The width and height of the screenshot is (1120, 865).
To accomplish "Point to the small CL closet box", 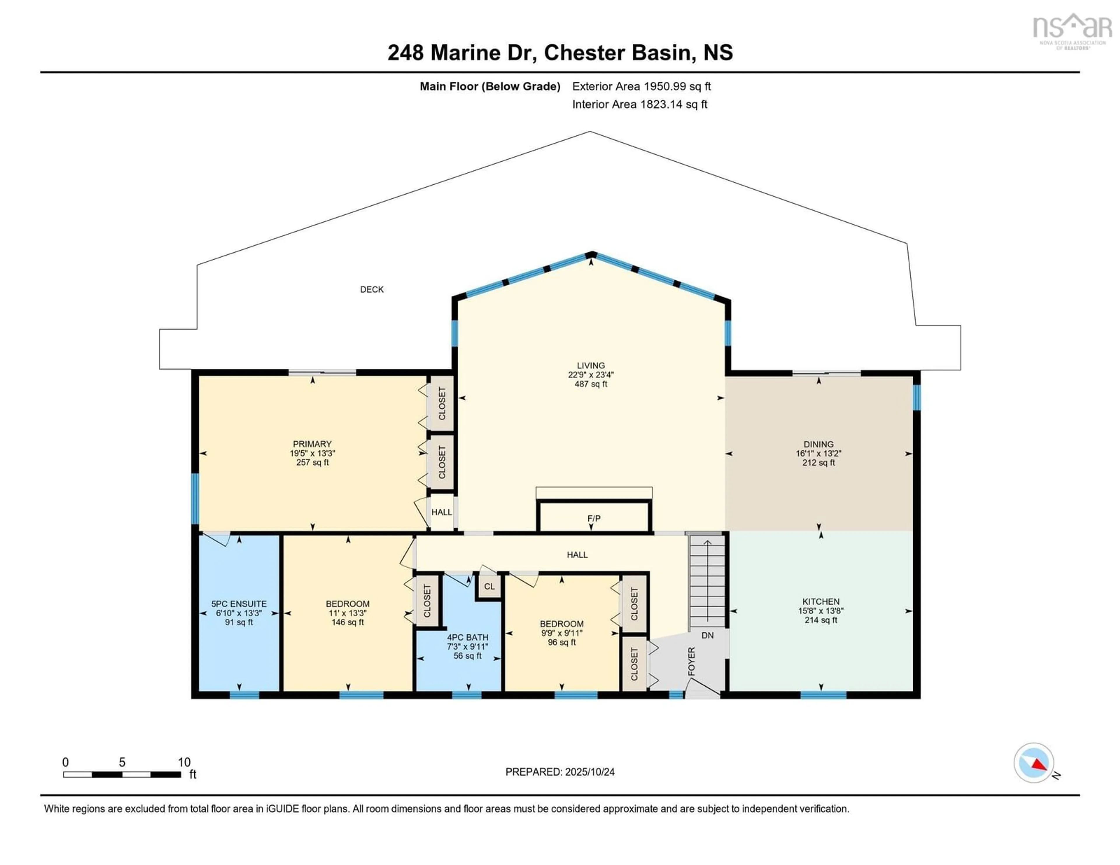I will pyautogui.click(x=489, y=586).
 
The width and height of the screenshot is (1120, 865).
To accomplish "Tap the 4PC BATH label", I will pyautogui.click(x=467, y=637).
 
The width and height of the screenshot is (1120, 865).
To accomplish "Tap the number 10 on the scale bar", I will pyautogui.click(x=184, y=762).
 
